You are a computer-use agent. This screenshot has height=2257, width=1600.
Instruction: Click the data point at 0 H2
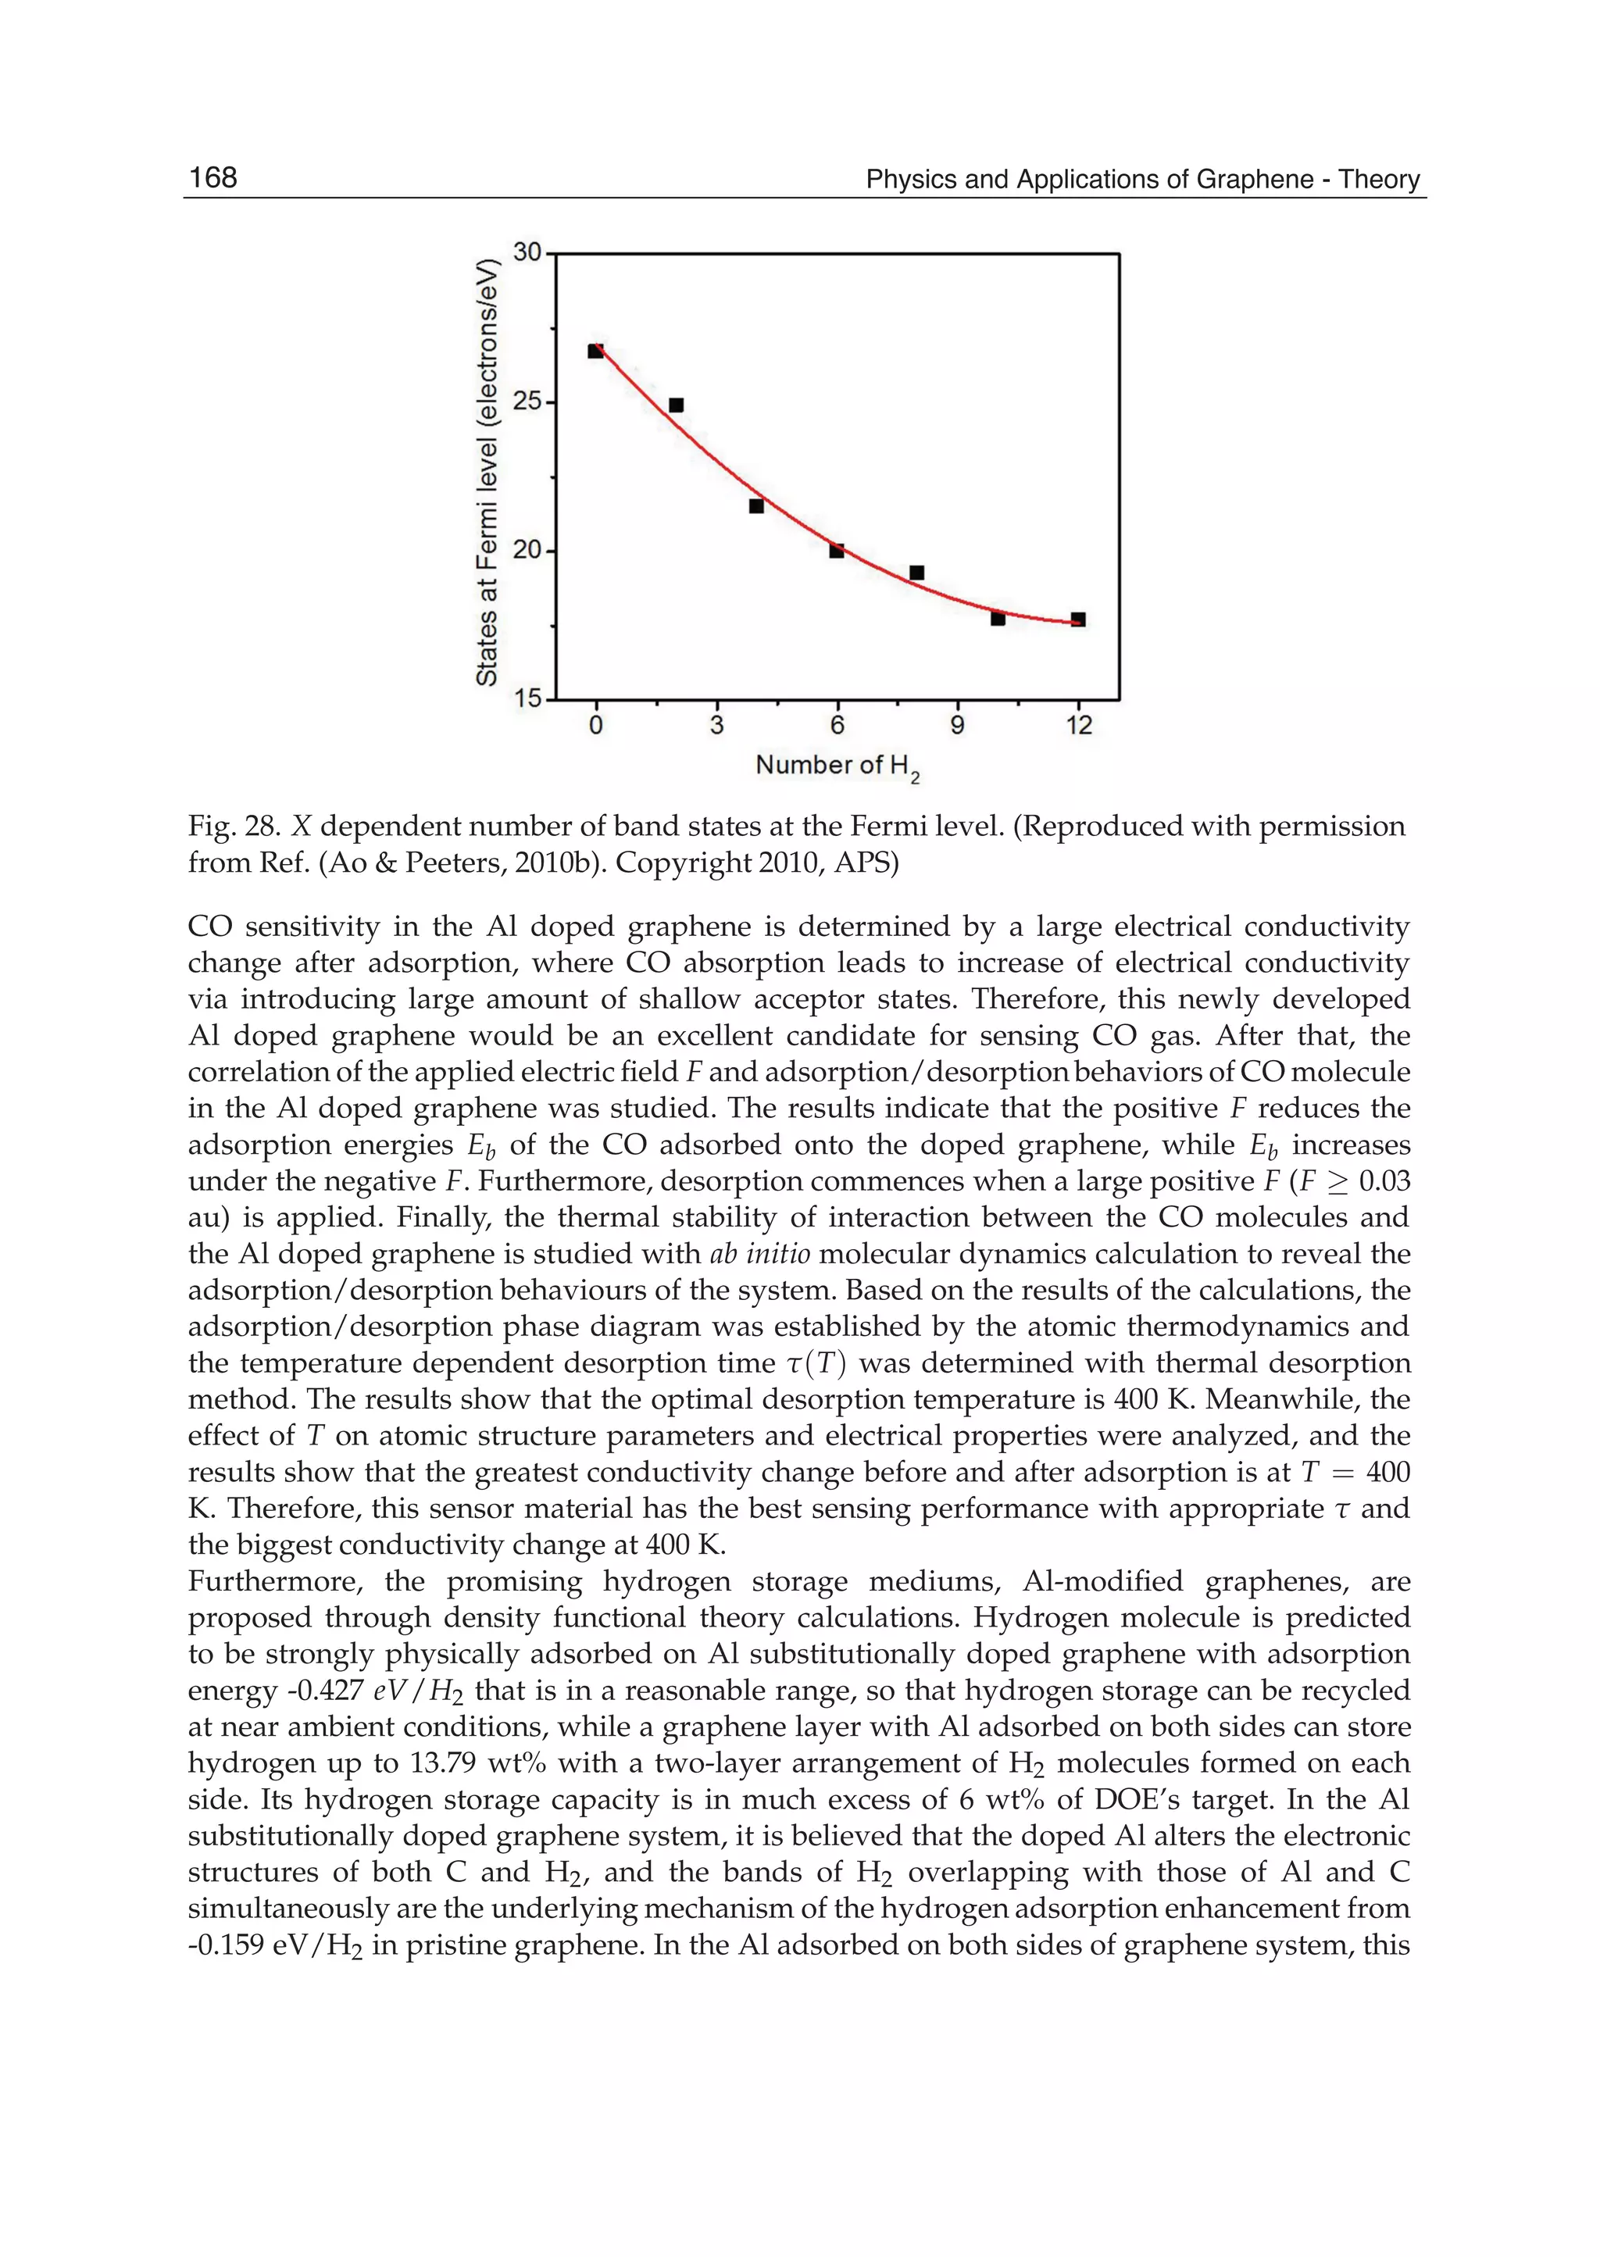click(595, 351)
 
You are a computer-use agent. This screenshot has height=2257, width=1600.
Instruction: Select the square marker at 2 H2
click(676, 405)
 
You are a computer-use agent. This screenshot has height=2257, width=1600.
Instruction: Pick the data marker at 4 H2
click(757, 506)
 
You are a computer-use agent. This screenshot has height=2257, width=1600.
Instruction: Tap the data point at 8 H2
click(917, 573)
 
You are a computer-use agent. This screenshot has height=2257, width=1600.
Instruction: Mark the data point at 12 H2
click(1078, 620)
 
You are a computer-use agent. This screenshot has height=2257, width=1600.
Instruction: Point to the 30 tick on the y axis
click(528, 253)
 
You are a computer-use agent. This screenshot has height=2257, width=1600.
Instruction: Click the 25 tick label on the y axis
click(528, 402)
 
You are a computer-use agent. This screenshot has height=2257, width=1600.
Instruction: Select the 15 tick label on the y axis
click(528, 699)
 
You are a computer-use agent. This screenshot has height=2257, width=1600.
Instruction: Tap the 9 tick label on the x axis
click(958, 726)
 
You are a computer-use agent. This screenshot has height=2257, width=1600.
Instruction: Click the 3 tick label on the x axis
click(716, 726)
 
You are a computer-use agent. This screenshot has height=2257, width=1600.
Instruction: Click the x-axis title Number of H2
click(837, 766)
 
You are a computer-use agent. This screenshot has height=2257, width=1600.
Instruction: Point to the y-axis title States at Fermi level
click(487, 473)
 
